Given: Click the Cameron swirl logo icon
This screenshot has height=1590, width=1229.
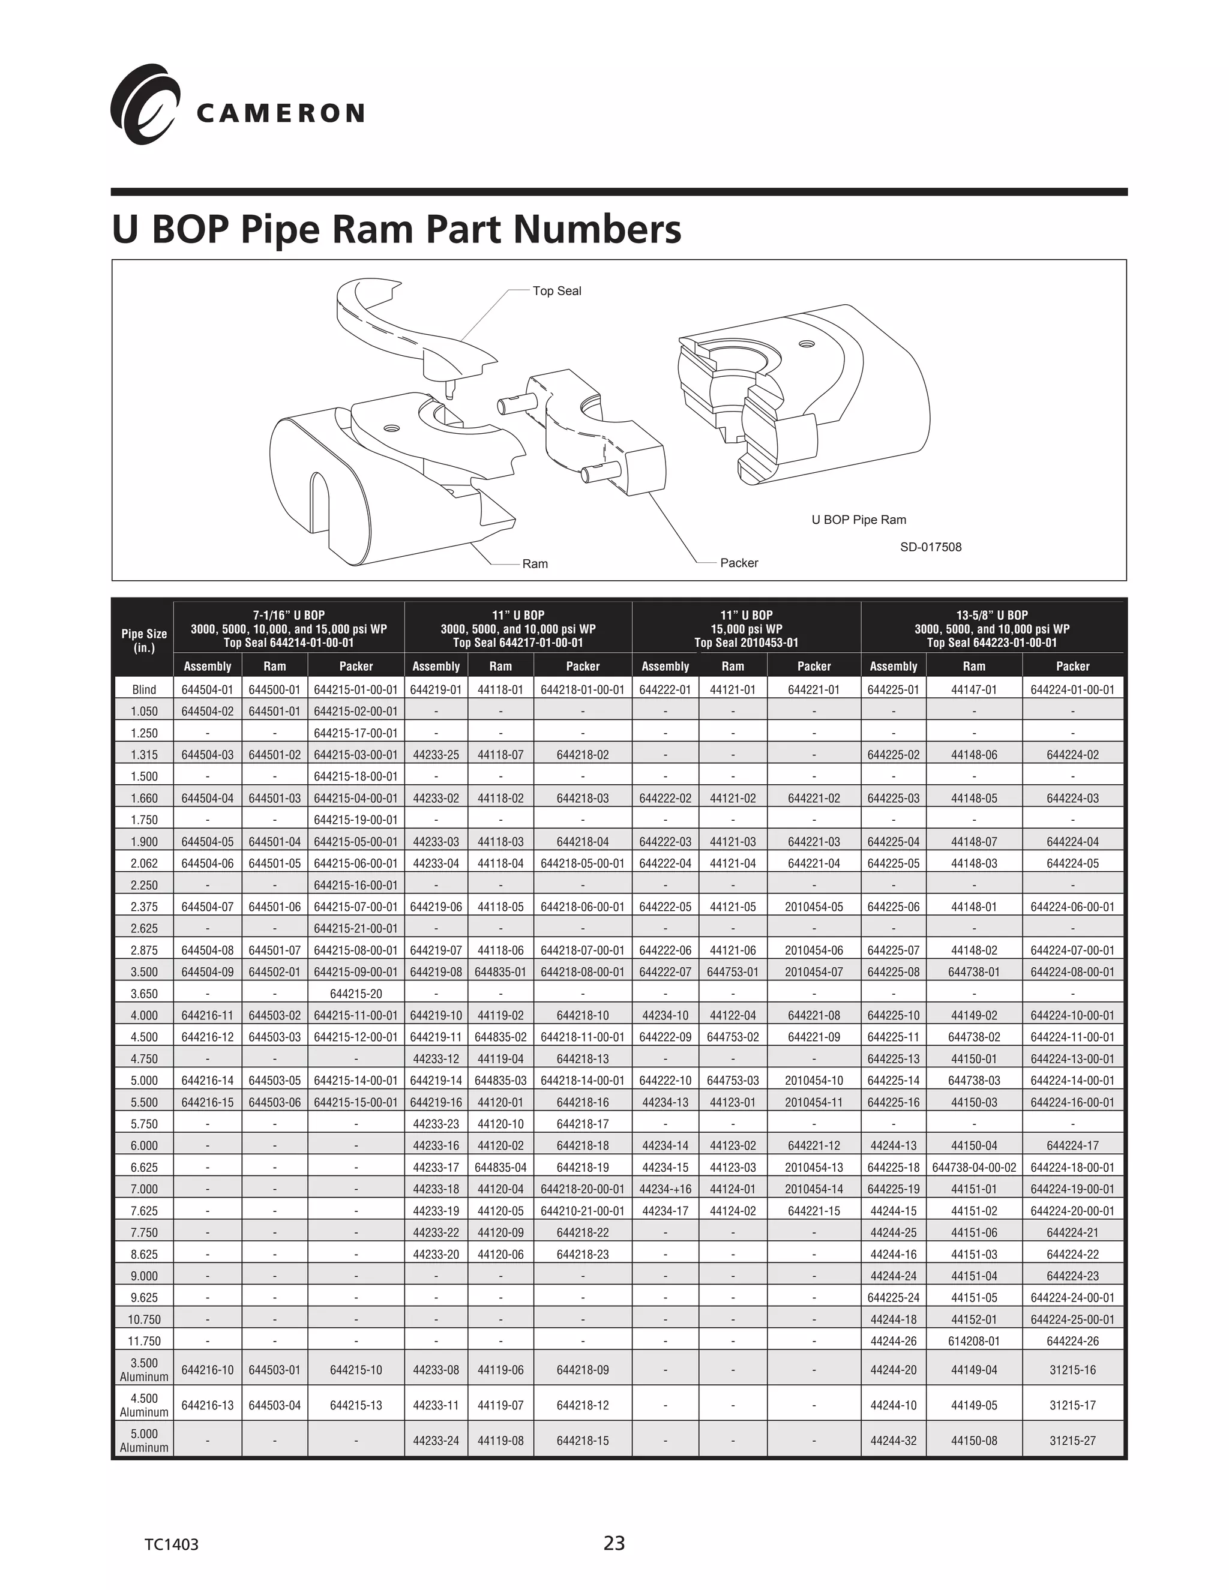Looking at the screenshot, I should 144,104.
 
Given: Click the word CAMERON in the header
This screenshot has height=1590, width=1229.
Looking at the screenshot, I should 280,113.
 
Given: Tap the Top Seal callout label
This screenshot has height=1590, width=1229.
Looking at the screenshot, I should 556,291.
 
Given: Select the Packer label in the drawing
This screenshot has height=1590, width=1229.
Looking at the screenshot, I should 738,563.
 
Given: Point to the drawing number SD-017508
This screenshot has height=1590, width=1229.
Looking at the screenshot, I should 931,547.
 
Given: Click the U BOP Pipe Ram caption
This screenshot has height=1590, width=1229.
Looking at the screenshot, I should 858,520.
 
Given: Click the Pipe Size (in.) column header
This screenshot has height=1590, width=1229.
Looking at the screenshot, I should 143,641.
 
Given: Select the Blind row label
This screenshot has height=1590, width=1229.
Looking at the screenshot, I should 143,689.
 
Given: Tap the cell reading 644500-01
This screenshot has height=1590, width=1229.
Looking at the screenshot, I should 274,689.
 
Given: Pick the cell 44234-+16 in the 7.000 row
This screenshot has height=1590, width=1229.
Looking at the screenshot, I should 665,1189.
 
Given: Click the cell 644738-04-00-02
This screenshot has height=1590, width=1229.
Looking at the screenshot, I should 973,1167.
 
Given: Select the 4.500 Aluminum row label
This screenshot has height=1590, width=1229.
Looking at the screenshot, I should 143,1405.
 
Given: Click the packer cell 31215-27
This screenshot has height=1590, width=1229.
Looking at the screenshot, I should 1072,1441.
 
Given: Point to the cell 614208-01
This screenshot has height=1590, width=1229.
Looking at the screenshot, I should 973,1341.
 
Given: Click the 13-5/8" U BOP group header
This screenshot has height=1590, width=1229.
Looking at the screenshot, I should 991,628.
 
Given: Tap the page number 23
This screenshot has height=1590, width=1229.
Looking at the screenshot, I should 614,1543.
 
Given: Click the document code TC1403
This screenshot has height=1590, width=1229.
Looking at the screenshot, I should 171,1545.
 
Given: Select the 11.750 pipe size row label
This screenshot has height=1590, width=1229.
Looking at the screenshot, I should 143,1341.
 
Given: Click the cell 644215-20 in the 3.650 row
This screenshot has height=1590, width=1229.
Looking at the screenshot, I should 355,994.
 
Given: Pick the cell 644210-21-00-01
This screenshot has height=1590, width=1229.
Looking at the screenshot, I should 583,1211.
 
